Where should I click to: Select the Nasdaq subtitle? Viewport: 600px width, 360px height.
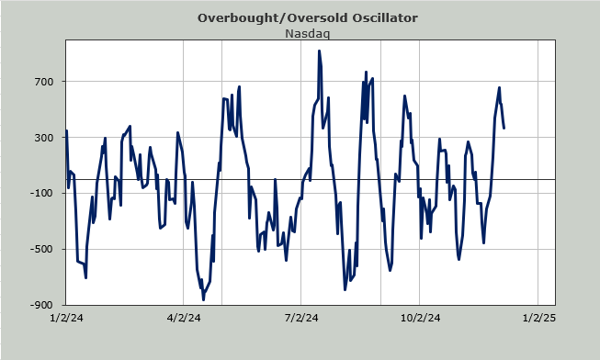307,34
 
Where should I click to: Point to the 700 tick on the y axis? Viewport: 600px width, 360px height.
45,82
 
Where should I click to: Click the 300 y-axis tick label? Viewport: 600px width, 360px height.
45,138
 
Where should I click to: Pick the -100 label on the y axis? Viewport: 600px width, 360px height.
41,193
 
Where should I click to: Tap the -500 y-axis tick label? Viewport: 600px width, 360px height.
41,249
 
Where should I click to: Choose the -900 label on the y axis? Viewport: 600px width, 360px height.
41,305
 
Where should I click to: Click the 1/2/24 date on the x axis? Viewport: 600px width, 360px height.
66,318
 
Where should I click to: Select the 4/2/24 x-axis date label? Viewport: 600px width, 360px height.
184,318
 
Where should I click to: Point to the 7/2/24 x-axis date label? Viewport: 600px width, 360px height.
301,318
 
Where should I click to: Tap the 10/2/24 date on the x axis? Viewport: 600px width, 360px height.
420,318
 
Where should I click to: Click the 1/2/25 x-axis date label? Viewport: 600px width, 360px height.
538,318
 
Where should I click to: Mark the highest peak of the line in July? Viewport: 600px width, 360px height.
319,51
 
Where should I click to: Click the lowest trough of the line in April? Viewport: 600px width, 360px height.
203,299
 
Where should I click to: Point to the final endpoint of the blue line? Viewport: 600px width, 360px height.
504,128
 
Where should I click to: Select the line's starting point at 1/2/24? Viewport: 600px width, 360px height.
66,130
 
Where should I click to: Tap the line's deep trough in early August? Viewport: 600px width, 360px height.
345,289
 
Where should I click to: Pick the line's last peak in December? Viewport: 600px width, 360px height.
499,87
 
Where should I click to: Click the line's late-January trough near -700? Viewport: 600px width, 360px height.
85,277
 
